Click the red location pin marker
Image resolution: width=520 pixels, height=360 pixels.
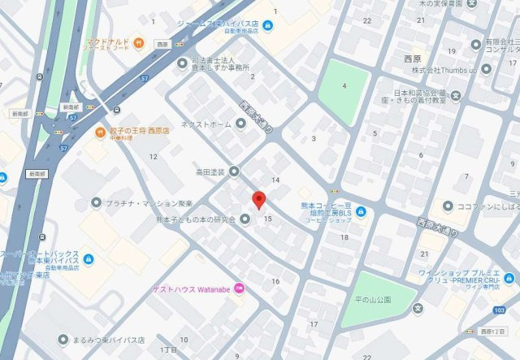(259, 200)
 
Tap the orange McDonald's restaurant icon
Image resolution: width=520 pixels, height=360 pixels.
(139, 42)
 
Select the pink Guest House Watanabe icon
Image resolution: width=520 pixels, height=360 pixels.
(239, 289)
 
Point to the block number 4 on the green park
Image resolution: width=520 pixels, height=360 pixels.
(344, 86)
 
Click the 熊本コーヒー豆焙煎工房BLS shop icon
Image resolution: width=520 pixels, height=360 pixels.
(360, 214)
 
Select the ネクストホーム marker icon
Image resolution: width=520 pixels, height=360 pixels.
(240, 124)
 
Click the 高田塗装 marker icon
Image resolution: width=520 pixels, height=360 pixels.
(234, 171)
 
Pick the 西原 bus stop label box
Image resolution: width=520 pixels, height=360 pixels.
(162, 44)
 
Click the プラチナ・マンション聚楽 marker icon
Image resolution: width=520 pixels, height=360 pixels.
(97, 202)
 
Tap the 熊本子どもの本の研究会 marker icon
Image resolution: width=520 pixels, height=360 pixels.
(244, 219)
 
